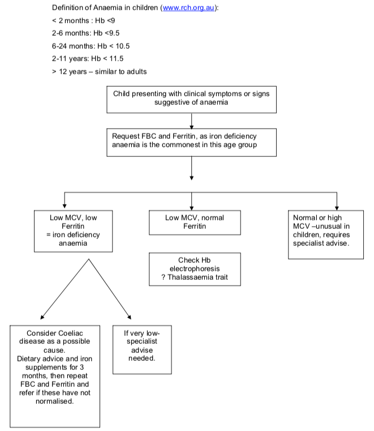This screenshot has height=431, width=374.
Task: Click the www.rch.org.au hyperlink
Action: [188, 8]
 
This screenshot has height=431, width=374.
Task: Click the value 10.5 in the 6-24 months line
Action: [122, 46]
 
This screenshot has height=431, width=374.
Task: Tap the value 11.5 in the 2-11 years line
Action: [117, 58]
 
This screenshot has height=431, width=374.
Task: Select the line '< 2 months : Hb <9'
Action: [84, 20]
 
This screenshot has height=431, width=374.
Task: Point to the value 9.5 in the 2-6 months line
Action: [114, 33]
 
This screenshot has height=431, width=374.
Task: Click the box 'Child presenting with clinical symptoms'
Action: [191, 100]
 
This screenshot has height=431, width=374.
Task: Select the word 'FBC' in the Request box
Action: [149, 136]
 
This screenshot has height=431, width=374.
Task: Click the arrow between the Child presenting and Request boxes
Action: [191, 121]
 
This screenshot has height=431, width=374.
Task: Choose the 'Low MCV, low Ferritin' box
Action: [74, 231]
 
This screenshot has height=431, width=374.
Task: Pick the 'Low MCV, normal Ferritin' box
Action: [195, 223]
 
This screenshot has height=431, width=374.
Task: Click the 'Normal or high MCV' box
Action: [326, 234]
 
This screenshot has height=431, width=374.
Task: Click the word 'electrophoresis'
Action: [195, 268]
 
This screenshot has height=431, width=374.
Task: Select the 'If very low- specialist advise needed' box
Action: [142, 349]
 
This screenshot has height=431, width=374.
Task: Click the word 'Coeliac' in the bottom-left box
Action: [71, 333]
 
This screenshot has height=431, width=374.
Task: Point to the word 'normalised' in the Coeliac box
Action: [54, 402]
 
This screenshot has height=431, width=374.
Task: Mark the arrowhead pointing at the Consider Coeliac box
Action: [42, 317]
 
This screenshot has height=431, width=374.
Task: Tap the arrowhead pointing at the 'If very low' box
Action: [130, 317]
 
